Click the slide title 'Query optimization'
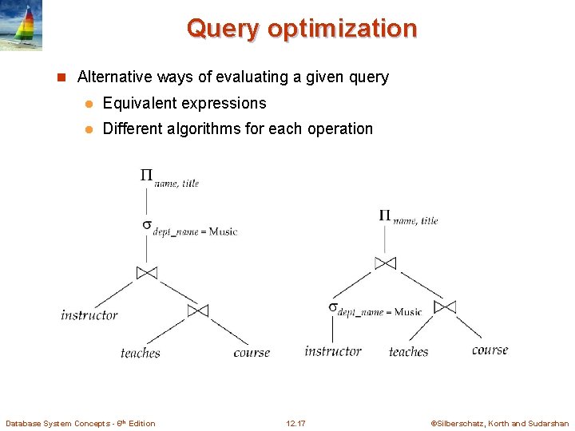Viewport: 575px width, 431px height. pos(302,29)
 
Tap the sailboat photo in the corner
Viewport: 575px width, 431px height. pos(22,26)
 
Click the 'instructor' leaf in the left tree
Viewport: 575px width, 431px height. pos(89,315)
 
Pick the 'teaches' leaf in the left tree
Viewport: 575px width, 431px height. pos(141,353)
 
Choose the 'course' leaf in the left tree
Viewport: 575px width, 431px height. pos(252,353)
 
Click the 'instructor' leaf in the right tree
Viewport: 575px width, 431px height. pos(333,351)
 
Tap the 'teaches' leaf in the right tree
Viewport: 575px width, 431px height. pos(409,351)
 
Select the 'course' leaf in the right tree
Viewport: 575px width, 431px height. pos(490,350)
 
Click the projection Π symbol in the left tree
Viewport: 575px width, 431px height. pos(146,176)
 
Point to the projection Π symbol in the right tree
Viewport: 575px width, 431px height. pos(385,215)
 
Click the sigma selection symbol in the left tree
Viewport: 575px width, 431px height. pos(147,226)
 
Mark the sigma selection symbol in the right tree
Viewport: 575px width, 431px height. pos(332,307)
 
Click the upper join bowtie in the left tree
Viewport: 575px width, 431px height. pos(147,273)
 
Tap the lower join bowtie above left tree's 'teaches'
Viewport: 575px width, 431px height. pos(197,310)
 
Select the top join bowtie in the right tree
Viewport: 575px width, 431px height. pos(385,263)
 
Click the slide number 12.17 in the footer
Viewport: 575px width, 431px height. pos(295,423)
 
